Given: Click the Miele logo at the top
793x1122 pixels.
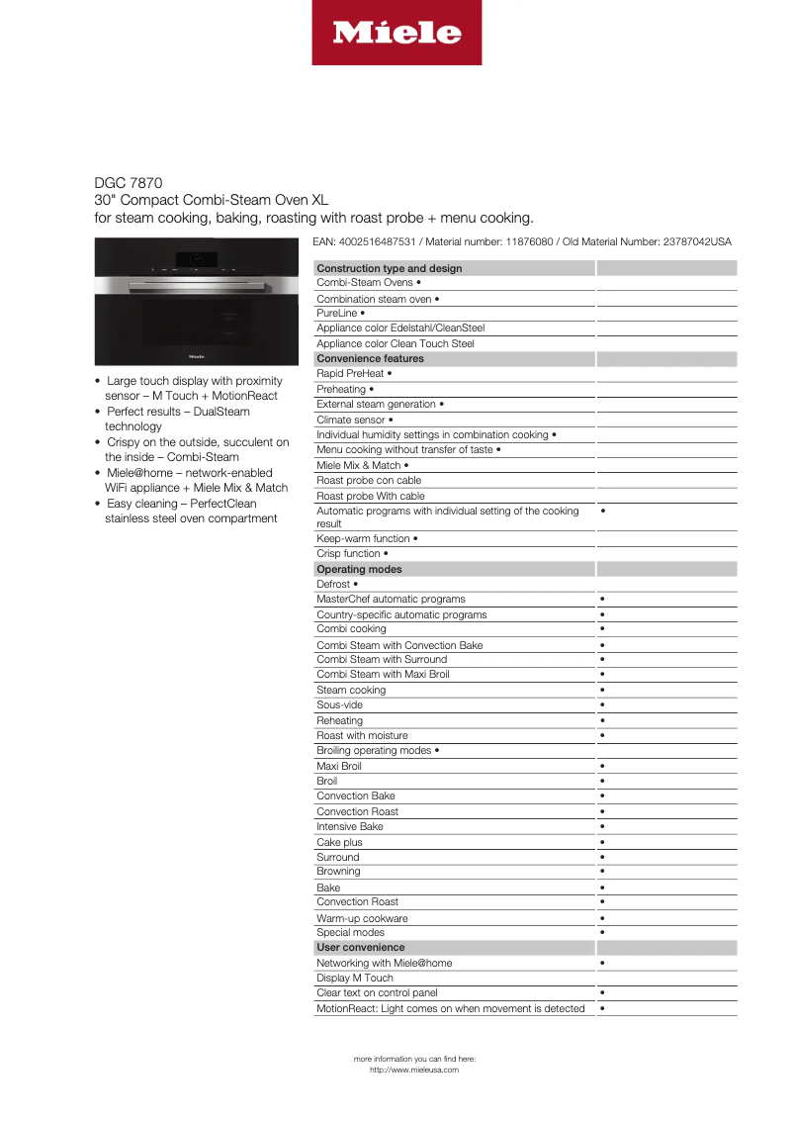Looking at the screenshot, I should [396, 33].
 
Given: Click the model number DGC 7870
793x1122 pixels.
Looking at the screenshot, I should [122, 182].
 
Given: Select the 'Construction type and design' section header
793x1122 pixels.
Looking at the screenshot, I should [390, 268].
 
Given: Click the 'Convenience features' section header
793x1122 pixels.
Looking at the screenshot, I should [370, 358].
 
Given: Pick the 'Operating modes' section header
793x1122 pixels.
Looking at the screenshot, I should [359, 569].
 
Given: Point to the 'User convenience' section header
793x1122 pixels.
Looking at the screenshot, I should [360, 947].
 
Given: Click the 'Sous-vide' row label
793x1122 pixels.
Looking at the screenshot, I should [339, 704].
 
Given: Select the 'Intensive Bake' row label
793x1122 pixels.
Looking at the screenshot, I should [349, 826].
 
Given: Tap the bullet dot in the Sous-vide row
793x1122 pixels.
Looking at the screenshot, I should [602, 705].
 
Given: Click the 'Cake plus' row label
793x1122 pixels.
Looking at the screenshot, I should [339, 842].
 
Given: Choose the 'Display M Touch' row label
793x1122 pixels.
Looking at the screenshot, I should [354, 978].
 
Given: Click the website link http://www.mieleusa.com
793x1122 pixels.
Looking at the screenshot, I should [414, 1070].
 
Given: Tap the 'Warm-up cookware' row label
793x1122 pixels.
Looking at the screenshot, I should [362, 918].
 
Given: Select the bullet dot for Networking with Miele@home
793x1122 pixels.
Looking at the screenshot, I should [602, 963].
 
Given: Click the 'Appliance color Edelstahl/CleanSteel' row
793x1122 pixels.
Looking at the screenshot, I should [400, 327].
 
